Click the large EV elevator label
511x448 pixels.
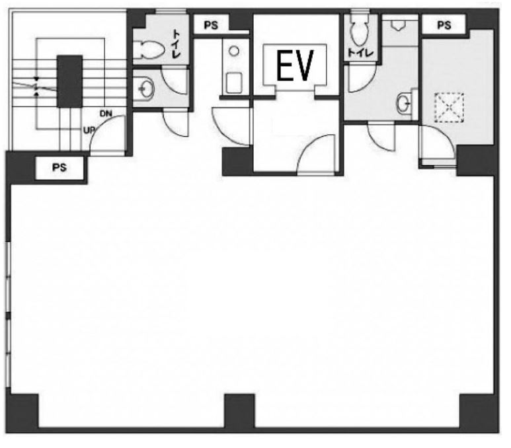click(295, 65)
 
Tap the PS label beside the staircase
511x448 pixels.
click(59, 167)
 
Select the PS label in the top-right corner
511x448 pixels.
click(444, 24)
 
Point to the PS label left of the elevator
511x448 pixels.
click(211, 25)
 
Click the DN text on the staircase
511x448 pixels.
click(106, 114)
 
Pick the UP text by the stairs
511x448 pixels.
click(89, 131)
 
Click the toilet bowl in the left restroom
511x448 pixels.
click(149, 50)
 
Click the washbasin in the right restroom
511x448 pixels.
click(405, 104)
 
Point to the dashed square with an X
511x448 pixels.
click(449, 108)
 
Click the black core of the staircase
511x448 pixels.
click(69, 81)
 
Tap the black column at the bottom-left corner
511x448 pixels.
click(22, 413)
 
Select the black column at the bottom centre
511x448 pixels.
click(239, 413)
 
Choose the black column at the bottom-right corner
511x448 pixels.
click(479, 413)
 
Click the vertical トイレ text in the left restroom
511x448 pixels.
click(176, 44)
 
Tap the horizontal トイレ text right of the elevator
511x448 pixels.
click(360, 53)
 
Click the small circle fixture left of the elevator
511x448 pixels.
click(234, 51)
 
